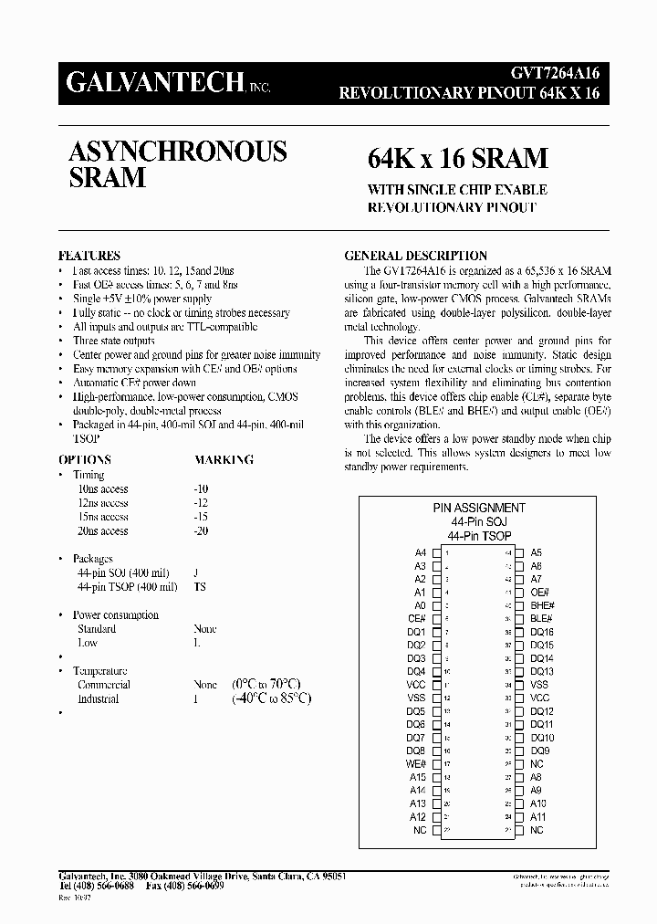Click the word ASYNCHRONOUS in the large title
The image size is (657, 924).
(178, 152)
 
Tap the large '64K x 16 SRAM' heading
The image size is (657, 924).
(457, 158)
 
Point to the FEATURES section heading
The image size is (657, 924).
(89, 257)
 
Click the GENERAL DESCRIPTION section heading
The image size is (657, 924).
(415, 257)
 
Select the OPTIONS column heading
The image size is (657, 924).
(85, 460)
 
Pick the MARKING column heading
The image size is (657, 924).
(224, 460)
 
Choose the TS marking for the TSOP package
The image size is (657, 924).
(200, 587)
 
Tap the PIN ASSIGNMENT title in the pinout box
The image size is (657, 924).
(478, 508)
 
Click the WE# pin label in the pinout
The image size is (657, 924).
(416, 764)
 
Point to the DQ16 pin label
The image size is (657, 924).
(542, 632)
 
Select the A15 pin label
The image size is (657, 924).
(418, 777)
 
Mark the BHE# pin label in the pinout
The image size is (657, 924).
(542, 605)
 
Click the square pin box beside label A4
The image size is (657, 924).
(437, 553)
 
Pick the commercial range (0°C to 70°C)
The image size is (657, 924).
(266, 684)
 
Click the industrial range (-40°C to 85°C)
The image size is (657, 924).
(271, 698)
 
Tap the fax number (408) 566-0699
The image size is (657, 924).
(189, 887)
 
